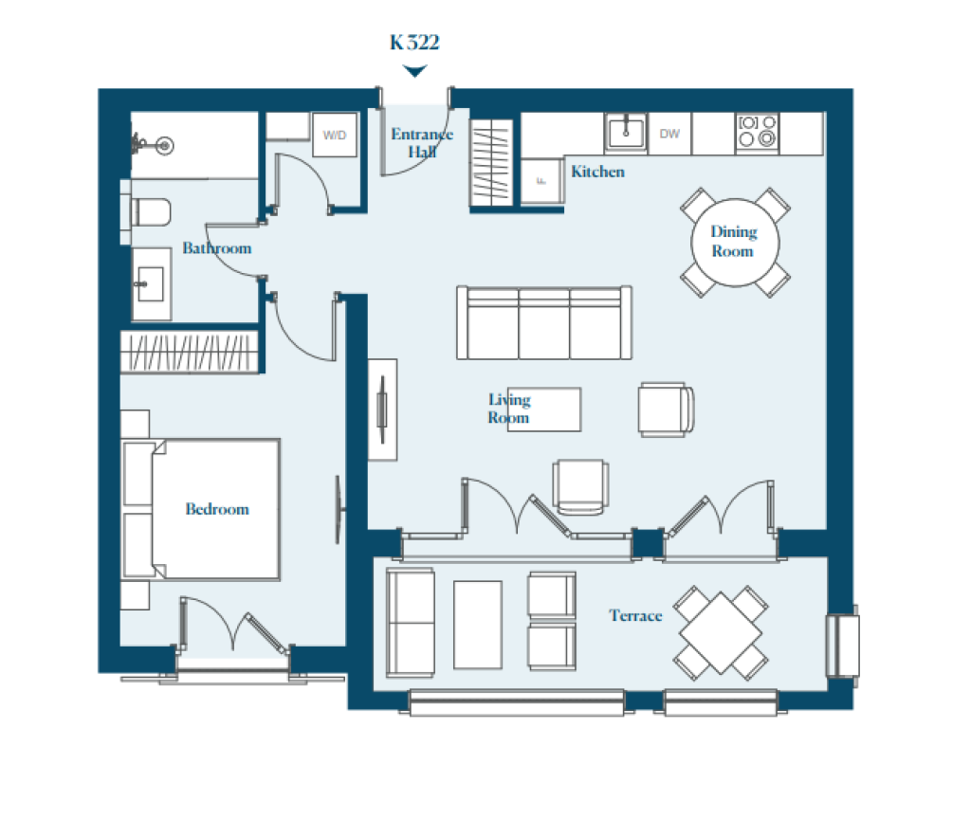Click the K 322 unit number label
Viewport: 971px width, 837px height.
click(x=414, y=42)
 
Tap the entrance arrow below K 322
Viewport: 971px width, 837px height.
click(x=414, y=70)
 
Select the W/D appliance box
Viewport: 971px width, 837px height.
click(x=335, y=135)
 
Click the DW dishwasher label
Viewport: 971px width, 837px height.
click(x=669, y=134)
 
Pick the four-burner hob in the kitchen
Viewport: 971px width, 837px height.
click(x=757, y=132)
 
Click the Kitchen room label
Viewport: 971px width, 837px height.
click(x=597, y=172)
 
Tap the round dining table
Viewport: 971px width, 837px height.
click(x=735, y=242)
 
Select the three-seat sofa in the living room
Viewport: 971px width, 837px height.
click(x=544, y=322)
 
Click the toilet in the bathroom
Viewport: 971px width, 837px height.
click(x=151, y=212)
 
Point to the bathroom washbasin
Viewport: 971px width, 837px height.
click(x=151, y=284)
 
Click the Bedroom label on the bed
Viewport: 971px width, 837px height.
click(x=217, y=509)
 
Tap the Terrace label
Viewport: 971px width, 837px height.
click(x=635, y=615)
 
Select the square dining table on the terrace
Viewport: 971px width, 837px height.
click(x=721, y=632)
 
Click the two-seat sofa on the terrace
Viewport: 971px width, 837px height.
click(x=410, y=623)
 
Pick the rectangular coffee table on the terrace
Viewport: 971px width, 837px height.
click(x=478, y=625)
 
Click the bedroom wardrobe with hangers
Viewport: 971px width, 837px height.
click(x=189, y=353)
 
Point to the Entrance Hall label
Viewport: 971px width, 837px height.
click(x=422, y=143)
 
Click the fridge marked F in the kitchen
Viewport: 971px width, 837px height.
click(x=541, y=181)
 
